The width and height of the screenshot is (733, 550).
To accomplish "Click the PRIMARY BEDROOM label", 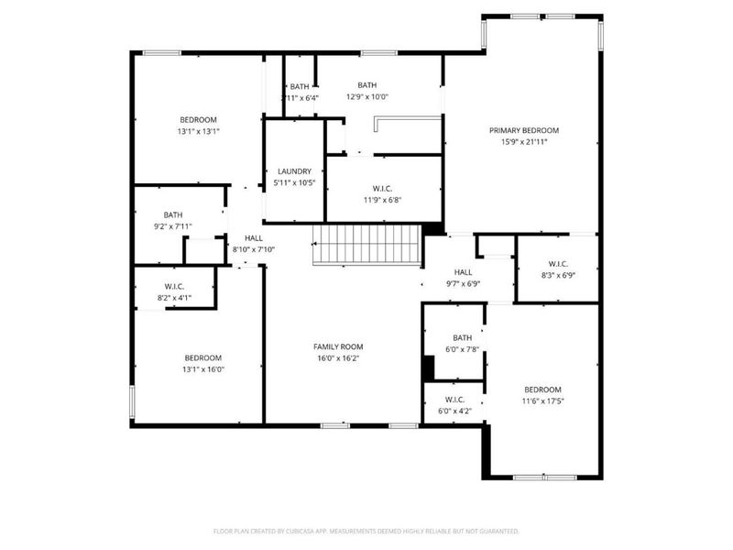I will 523,130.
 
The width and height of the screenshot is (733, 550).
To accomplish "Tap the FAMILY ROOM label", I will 338,346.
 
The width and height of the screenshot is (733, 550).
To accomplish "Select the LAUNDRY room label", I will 294,171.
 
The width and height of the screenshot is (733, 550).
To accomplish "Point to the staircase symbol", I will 366,246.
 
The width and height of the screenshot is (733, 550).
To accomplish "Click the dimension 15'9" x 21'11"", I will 523,142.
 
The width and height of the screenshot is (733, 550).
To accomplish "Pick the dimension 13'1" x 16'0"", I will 202,369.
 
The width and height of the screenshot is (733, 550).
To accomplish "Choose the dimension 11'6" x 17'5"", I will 542,401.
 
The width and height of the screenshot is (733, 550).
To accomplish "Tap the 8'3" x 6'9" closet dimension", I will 557,275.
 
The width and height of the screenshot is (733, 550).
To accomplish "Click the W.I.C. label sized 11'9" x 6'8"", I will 382,188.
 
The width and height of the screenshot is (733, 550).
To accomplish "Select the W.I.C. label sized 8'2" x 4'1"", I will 174,286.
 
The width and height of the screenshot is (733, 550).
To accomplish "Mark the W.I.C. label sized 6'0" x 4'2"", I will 454,400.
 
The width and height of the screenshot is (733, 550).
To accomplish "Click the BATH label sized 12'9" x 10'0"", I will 366,85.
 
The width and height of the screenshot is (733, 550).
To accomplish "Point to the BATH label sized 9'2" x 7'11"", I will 173,215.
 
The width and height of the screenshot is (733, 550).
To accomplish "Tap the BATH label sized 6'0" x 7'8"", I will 462,337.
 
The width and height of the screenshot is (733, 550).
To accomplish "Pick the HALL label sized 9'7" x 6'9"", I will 463,272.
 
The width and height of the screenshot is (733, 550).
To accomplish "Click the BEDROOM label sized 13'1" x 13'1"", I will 198,120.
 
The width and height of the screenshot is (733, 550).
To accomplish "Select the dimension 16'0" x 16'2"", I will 338,358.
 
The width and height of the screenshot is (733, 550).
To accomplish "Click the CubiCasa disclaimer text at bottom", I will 366,531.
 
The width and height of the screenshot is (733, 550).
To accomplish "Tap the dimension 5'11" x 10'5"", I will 294,183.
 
